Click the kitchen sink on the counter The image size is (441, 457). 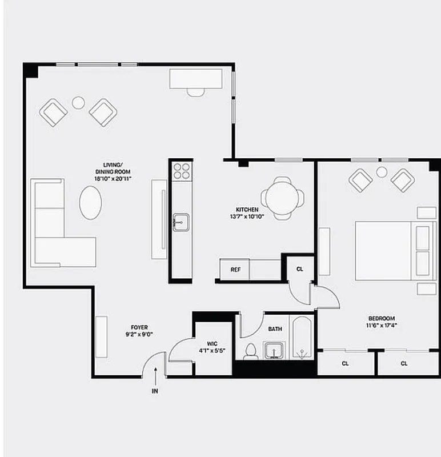(181, 220)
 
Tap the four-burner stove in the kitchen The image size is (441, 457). (182, 171)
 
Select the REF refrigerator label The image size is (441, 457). (235, 270)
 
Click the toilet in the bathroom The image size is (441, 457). (250, 351)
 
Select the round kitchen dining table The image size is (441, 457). (280, 198)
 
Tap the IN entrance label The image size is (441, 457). (155, 392)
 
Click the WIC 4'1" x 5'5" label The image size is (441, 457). (212, 347)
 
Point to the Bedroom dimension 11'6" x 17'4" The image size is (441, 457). (382, 326)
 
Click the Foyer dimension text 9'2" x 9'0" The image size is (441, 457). (139, 334)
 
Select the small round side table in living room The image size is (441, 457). (78, 103)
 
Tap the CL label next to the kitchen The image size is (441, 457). (300, 269)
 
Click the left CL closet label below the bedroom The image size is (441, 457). (346, 363)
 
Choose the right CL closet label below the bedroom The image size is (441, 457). (404, 363)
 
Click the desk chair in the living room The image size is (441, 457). (195, 90)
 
